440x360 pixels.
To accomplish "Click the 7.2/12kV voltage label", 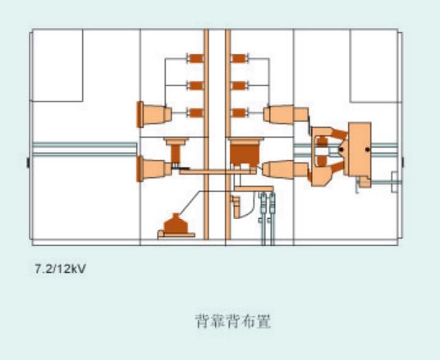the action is pos(60,269).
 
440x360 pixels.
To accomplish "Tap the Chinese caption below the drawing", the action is pos(233,321).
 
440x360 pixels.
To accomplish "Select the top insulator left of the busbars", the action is pos(195,58).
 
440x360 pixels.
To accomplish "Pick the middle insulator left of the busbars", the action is pos(195,85).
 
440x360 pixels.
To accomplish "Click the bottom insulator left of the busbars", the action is pos(195,112).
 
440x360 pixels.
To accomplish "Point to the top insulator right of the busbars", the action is pos(240,58).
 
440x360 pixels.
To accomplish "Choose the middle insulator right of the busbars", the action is pos(240,85).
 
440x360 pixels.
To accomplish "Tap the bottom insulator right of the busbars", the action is pos(240,112).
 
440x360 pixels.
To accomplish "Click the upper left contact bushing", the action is pos(154,114).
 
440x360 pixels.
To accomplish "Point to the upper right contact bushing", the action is pos(286,114).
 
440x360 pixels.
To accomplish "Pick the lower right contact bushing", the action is pos(286,170).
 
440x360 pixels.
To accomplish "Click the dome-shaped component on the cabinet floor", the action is pos(176,226).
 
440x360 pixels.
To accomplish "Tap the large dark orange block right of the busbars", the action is pos(245,153).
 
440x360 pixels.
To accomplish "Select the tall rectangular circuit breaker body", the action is pos(360,149).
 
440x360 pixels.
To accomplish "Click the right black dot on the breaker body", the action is pos(367,149).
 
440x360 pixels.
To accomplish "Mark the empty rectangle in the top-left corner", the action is pos(57,65).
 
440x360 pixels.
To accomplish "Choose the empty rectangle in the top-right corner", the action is pos(374,66).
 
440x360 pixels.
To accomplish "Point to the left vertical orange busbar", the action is pos(206,134).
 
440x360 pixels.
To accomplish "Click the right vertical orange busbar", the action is pos(228,134).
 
